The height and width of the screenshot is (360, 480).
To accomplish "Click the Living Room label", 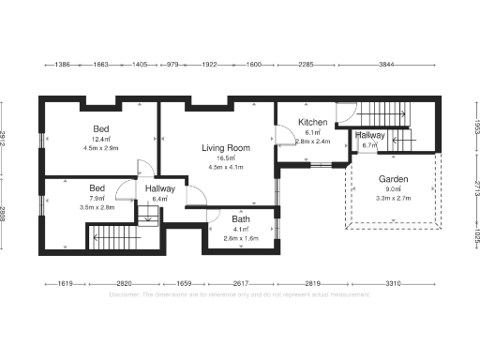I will tap(225, 148).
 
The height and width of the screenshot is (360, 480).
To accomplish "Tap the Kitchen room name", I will tap(312, 123).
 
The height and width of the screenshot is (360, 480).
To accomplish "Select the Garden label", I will tap(393, 179).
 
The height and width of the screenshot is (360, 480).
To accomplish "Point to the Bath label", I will tap(241, 219).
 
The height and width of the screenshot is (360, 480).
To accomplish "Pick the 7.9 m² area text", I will tap(97, 198).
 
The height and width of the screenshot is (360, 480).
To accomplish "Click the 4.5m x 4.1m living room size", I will tap(225, 168).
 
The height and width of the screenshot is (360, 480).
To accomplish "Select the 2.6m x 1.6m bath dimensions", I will tap(241, 239).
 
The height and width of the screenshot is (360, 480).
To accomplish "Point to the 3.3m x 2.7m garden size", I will tap(393, 199).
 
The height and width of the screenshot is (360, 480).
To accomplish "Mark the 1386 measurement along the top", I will tap(63, 65).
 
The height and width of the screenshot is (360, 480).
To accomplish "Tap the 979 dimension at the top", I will tap(172, 65).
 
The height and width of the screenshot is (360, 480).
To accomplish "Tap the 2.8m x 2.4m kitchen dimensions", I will tap(312, 142).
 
